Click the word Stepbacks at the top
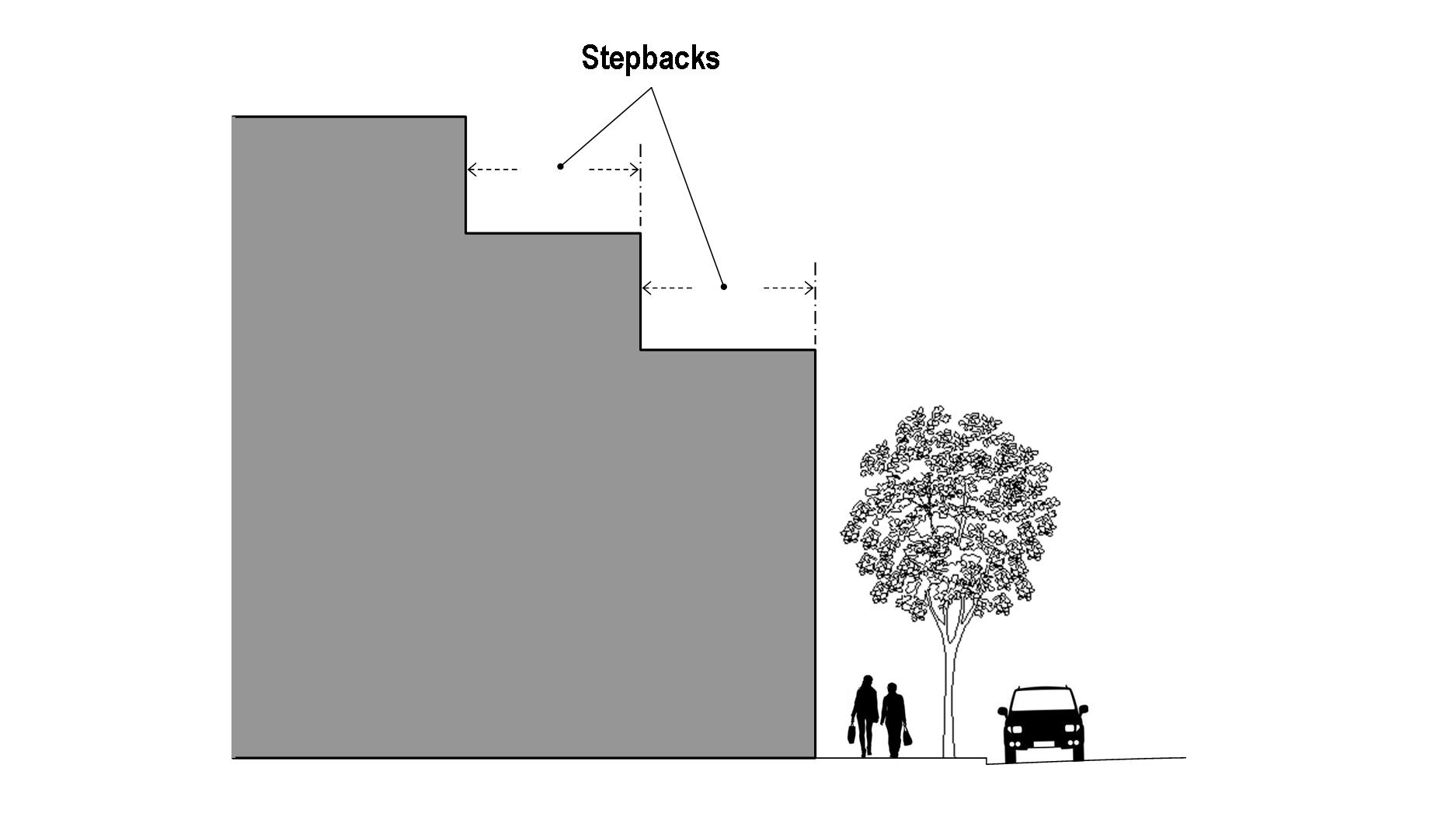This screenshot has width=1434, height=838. tap(650, 58)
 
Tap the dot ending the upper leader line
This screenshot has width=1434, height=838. tap(560, 166)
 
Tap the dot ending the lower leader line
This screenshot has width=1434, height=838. tap(724, 287)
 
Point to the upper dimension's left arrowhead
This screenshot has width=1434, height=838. tap(471, 169)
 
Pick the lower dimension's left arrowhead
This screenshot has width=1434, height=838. tap(646, 288)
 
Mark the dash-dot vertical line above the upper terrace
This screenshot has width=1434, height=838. tap(640, 187)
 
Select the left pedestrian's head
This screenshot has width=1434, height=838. tap(867, 682)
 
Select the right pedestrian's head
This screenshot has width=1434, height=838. tap(893, 688)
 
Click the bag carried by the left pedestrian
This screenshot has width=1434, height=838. tap(852, 732)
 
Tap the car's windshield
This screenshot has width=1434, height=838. tap(1042, 702)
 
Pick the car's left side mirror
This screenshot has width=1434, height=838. tap(1002, 711)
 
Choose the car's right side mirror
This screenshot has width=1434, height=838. tap(1084, 709)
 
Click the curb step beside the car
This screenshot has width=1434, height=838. tap(987, 761)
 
